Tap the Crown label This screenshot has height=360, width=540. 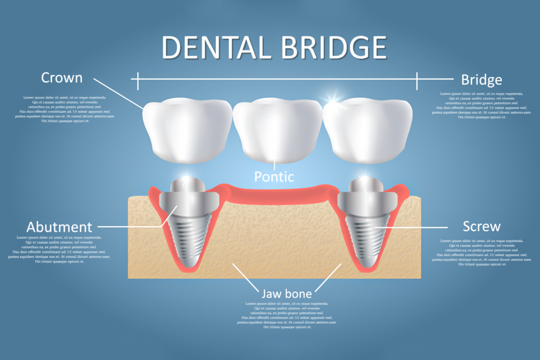(62, 78)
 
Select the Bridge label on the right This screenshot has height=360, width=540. (481, 80)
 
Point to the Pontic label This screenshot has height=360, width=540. (274, 176)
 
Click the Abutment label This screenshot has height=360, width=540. (59, 227)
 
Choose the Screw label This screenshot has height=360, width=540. (481, 226)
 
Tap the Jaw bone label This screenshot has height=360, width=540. (286, 294)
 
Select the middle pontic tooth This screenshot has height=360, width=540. (275, 130)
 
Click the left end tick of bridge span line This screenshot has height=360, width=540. (138, 80)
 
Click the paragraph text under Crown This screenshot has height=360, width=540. (65, 108)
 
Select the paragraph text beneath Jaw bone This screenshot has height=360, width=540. (286, 315)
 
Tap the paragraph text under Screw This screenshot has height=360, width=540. (482, 252)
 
